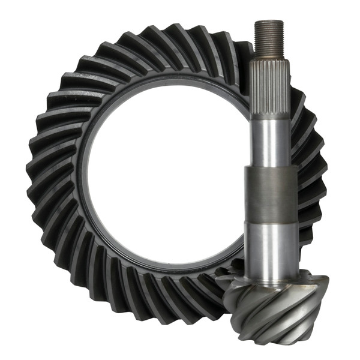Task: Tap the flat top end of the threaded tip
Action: pyautogui.click(x=268, y=22)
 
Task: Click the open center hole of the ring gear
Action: pyautogui.click(x=162, y=180)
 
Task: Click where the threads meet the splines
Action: pyautogui.click(x=268, y=56)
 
